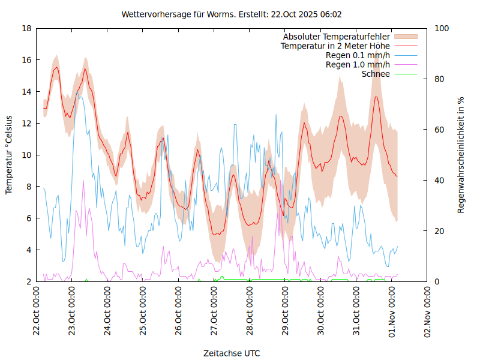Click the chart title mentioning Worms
tap(232, 14)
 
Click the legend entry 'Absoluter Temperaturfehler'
tap(337, 37)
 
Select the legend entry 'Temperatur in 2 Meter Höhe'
tap(335, 46)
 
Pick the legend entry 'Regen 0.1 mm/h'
tap(358, 55)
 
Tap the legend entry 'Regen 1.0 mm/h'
tap(358, 65)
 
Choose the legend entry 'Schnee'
tap(376, 74)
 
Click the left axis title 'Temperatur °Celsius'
tap(9, 155)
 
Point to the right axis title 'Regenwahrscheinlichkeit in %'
tap(461, 155)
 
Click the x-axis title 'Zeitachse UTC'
tap(232, 353)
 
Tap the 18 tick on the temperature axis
tap(26, 28)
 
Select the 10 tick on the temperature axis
tap(26, 155)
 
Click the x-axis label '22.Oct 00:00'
tap(37, 312)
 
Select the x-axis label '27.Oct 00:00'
tap(215, 312)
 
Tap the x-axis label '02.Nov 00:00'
tap(428, 312)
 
